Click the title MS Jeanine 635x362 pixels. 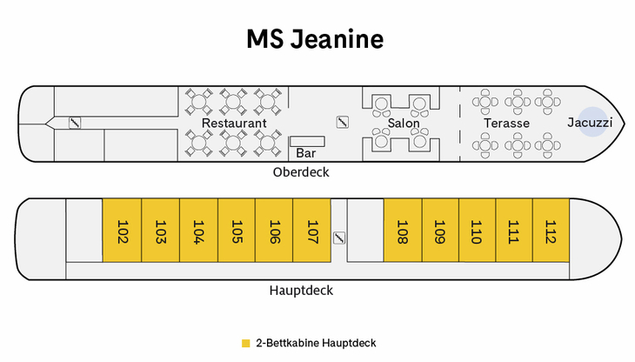pos(315,40)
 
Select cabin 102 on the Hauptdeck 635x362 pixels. pos(122,231)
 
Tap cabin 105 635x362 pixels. pos(236,231)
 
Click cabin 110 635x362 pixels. pos(476,231)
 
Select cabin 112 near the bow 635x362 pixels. pos(550,231)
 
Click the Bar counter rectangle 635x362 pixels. pos(306,141)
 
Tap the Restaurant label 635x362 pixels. pos(234,124)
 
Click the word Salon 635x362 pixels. pos(404,124)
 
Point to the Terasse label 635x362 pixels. pos(506,124)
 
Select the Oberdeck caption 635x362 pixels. pos(301,172)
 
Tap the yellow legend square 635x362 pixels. pos(245,343)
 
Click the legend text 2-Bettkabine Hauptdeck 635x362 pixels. pos(316,343)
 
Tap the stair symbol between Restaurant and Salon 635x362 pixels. pos(342,122)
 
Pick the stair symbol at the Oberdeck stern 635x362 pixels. pos(75,123)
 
